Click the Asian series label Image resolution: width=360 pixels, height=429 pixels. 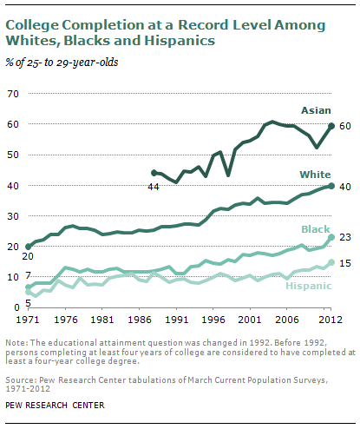pos(313,110)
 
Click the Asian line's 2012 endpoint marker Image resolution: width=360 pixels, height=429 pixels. pos(331,126)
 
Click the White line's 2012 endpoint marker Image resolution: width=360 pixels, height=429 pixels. pos(331,186)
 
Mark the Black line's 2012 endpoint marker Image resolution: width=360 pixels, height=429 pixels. pos(331,237)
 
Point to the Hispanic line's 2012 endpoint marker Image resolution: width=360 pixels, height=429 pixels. pos(331,261)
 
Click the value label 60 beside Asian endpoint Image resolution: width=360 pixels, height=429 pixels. pos(344,126)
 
